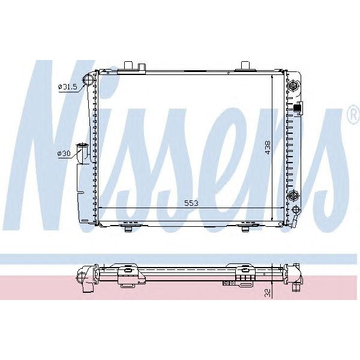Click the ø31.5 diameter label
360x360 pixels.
pos(67,87)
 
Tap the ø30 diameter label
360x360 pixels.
pos(64,154)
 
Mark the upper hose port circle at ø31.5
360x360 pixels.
pos(89,80)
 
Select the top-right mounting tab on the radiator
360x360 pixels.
pos(246,65)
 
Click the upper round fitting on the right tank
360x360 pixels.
pos(294,86)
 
